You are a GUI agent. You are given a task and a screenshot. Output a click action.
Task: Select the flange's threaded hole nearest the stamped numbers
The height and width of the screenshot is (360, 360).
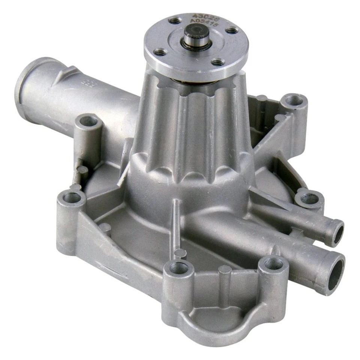click(175, 21)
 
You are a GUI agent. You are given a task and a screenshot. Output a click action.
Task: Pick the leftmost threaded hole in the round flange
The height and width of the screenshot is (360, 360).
click(160, 53)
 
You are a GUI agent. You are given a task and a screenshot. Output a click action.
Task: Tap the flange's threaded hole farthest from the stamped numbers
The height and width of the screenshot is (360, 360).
click(217, 62)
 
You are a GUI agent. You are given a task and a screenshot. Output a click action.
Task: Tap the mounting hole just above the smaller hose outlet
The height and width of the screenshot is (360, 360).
click(309, 199)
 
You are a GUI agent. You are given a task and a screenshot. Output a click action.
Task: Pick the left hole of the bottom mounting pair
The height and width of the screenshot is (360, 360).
click(178, 268)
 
